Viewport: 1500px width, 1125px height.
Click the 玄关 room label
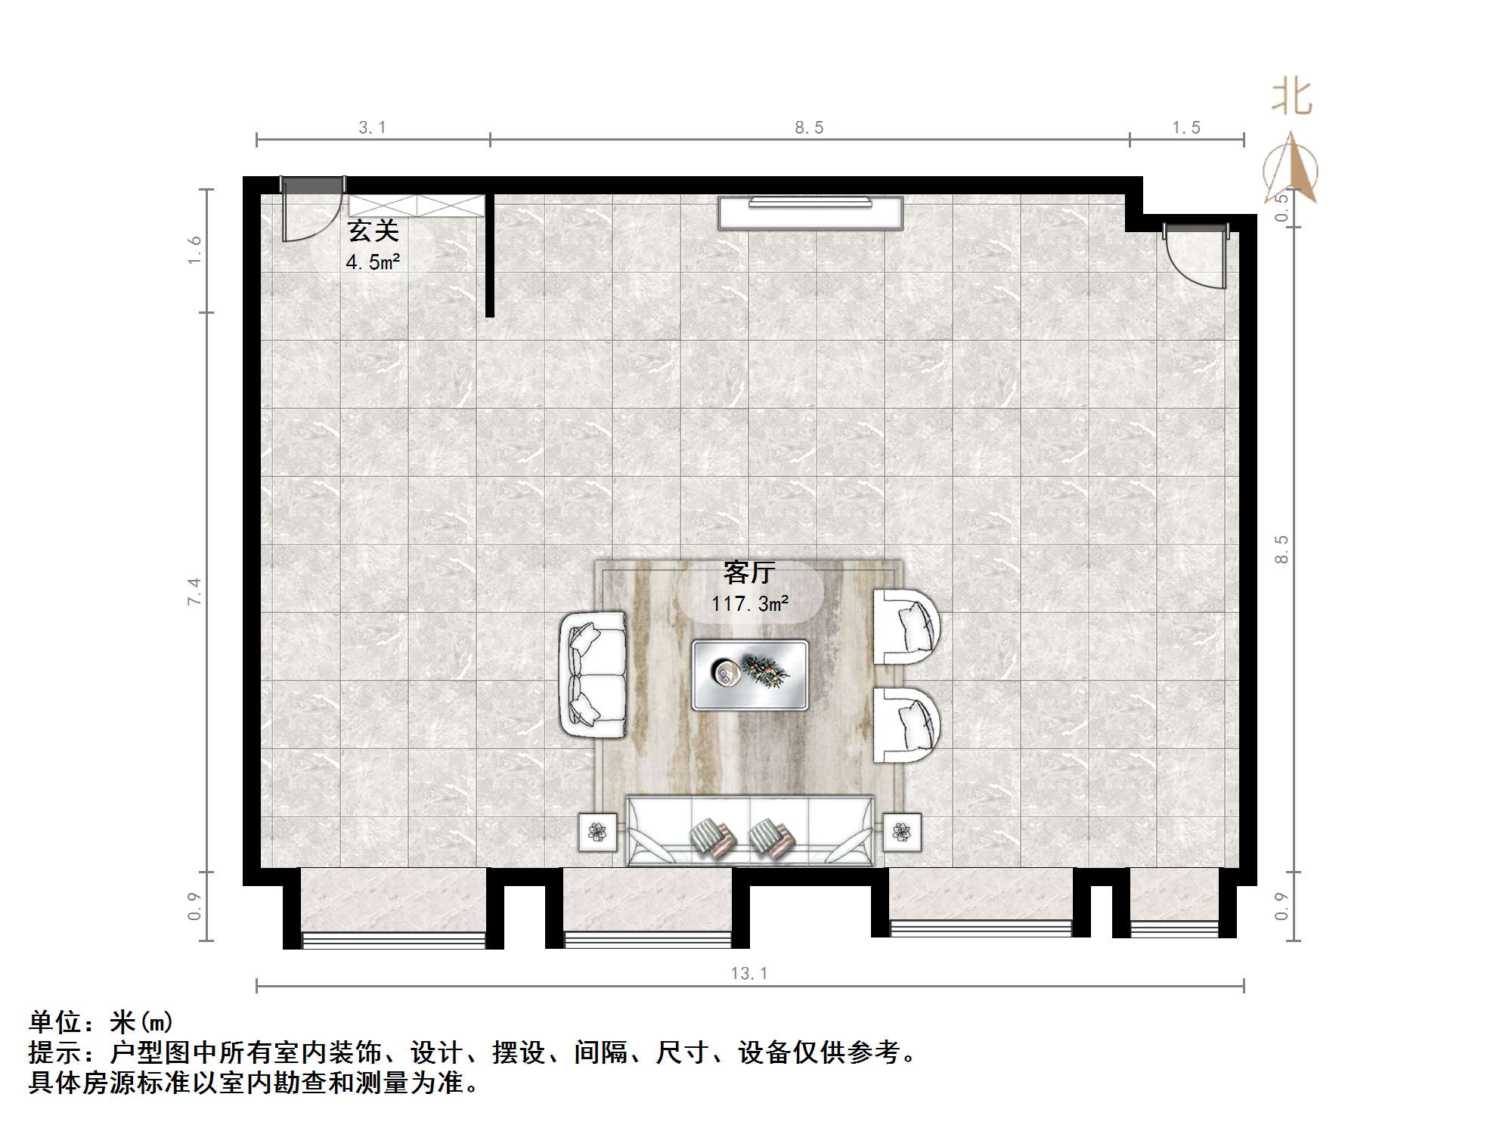372,231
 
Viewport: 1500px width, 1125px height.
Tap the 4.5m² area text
373,262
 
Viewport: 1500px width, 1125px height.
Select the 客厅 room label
748,572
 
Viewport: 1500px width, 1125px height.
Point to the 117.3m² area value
749,603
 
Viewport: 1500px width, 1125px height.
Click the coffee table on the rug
750,674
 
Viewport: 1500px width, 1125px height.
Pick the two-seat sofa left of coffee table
593,674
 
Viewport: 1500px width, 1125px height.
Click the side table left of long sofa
598,832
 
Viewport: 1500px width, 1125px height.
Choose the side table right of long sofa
902,832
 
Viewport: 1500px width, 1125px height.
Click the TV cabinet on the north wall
810,212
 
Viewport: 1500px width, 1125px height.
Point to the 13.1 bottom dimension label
749,973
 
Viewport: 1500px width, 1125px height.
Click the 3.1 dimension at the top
372,128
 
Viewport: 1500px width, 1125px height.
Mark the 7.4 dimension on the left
195,591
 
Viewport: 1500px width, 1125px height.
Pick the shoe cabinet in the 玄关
416,205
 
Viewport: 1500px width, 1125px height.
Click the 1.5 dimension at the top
1186,128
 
